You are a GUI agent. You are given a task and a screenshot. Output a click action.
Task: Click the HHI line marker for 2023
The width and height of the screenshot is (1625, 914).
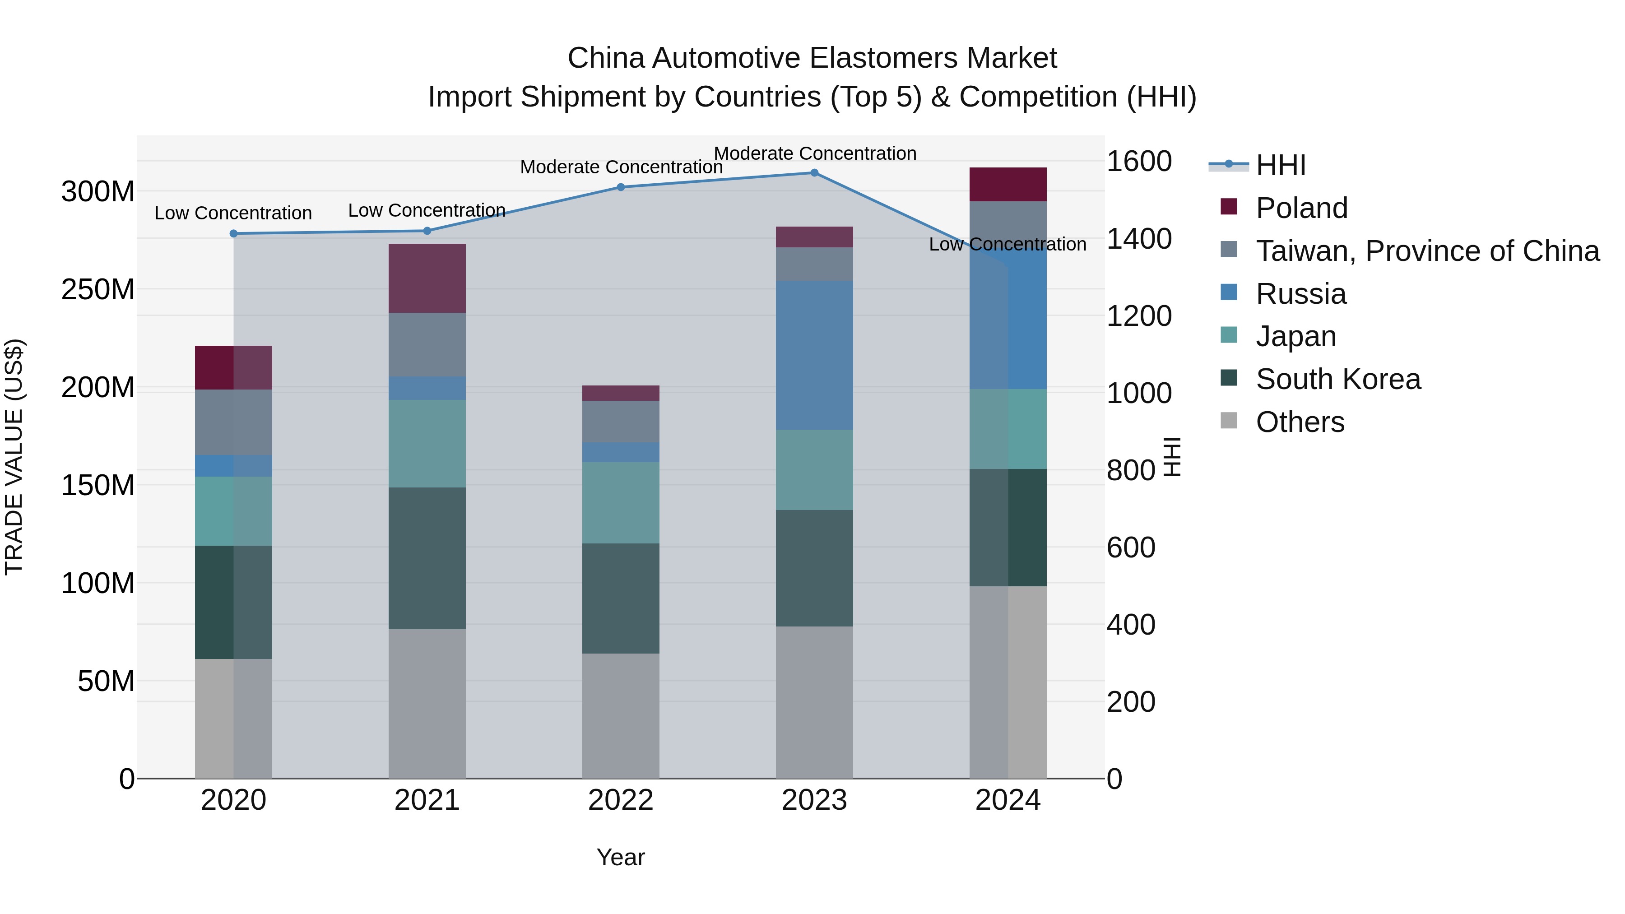click(814, 173)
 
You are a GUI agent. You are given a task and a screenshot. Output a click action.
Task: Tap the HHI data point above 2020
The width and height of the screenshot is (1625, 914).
click(233, 233)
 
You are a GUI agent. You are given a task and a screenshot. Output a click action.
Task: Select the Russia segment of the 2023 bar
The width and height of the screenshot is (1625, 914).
click(814, 355)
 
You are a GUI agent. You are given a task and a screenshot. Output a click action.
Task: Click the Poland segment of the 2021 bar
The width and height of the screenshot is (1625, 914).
click(427, 278)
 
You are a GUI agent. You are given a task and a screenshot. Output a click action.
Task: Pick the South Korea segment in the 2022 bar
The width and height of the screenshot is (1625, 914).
click(621, 598)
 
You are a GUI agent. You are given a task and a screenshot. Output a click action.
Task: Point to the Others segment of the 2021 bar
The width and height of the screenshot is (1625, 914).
click(427, 703)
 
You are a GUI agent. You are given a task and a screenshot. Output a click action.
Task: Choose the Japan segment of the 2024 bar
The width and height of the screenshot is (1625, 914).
click(1007, 429)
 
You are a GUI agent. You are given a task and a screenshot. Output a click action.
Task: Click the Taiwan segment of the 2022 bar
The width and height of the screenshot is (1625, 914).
click(621, 422)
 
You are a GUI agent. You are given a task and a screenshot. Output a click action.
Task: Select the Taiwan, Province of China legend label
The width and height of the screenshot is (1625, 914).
click(1427, 251)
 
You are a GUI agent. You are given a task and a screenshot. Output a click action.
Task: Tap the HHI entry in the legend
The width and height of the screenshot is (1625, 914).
click(1280, 165)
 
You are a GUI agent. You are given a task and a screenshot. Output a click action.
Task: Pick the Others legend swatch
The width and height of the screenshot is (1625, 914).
click(1229, 421)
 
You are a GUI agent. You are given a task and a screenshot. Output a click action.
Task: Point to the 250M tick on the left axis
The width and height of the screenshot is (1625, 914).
click(98, 289)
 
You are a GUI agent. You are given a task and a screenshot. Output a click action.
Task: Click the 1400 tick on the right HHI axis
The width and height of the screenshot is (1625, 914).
click(1139, 239)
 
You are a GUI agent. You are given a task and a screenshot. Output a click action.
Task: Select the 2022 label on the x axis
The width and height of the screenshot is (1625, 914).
click(621, 800)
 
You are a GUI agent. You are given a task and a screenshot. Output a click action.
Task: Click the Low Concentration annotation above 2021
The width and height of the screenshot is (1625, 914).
click(427, 210)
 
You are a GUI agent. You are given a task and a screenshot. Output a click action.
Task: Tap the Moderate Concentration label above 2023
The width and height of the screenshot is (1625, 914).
click(814, 153)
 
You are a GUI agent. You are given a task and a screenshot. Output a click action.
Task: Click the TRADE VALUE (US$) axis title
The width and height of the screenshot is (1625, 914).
click(14, 457)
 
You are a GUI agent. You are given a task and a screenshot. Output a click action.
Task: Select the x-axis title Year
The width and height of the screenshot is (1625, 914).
click(621, 857)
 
